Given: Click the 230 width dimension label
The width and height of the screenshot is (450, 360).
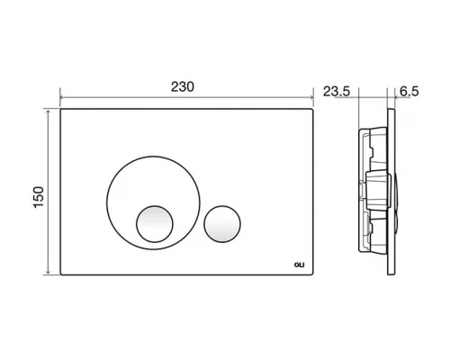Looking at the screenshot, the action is [x=183, y=86].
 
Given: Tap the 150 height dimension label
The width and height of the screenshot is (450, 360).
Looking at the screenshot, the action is [x=39, y=197].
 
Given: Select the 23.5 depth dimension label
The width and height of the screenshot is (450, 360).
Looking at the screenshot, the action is [x=337, y=92].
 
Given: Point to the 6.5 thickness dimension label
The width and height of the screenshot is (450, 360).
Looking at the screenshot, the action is [x=409, y=91].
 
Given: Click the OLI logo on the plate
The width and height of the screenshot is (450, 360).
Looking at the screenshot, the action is [x=299, y=265].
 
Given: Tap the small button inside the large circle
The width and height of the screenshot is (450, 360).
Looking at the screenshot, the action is [x=155, y=224].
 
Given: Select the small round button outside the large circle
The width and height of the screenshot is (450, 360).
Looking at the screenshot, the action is [x=222, y=224].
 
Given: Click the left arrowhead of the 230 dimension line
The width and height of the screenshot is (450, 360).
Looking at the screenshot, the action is [x=62, y=97].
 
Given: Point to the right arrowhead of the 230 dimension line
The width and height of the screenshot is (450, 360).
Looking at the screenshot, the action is [x=311, y=97].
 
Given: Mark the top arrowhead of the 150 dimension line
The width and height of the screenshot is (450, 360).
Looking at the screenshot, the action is [x=48, y=112].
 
